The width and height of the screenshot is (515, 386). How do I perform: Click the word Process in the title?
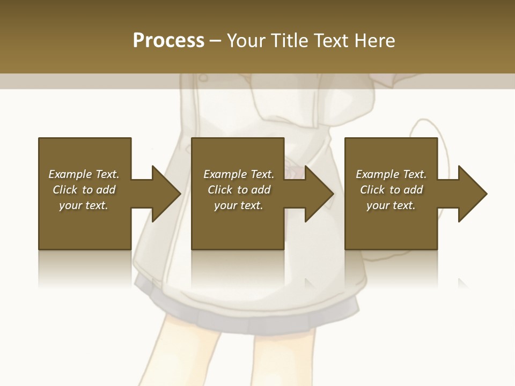pyautogui.click(x=168, y=41)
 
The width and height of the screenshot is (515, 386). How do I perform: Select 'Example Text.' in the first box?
pyautogui.click(x=84, y=174)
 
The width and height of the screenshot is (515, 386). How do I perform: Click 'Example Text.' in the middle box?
pyautogui.click(x=239, y=174)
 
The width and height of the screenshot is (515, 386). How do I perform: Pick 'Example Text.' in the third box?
pyautogui.click(x=391, y=174)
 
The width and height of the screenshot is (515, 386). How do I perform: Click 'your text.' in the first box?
pyautogui.click(x=84, y=205)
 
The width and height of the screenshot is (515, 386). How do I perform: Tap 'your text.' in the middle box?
pyautogui.click(x=239, y=205)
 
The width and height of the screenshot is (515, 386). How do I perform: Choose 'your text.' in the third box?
pyautogui.click(x=391, y=205)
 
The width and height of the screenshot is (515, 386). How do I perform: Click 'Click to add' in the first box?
pyautogui.click(x=84, y=190)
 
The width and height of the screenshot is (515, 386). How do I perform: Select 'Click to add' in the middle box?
pyautogui.click(x=239, y=190)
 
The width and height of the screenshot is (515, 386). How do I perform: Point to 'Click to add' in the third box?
pyautogui.click(x=391, y=190)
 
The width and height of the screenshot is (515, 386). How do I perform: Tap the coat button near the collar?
pyautogui.click(x=203, y=78)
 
